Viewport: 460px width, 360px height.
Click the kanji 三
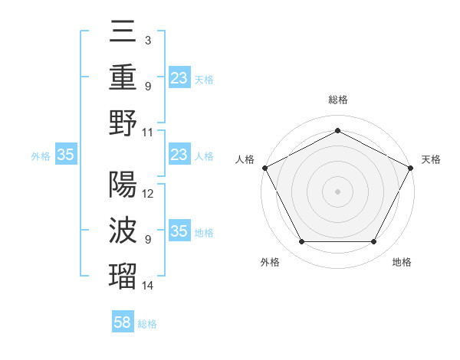[x=123, y=32]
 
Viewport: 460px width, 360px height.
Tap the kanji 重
[x=123, y=77]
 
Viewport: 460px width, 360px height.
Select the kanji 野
[x=123, y=123]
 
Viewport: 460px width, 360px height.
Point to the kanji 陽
[x=123, y=185]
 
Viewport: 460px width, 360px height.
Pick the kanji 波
[x=123, y=230]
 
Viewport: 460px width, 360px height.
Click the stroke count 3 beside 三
[x=147, y=40]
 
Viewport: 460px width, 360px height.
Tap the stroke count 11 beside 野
[x=148, y=132]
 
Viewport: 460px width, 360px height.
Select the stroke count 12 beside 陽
[x=148, y=194]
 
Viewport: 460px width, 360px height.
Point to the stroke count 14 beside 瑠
[x=148, y=286]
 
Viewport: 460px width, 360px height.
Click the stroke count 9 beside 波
[x=147, y=240]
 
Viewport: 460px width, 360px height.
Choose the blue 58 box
[x=123, y=322]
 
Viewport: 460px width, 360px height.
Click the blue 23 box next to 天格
[x=179, y=78]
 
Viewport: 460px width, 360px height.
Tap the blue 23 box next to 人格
[x=179, y=155]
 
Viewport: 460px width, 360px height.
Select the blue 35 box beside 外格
[x=66, y=155]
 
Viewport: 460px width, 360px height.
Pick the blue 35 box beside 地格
[x=179, y=231]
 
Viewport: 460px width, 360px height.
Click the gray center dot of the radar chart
[x=337, y=191]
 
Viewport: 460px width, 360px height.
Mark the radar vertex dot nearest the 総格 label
[x=337, y=130]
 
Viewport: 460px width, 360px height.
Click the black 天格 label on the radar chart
[x=431, y=159]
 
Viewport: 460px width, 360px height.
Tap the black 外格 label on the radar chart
[x=270, y=262]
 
